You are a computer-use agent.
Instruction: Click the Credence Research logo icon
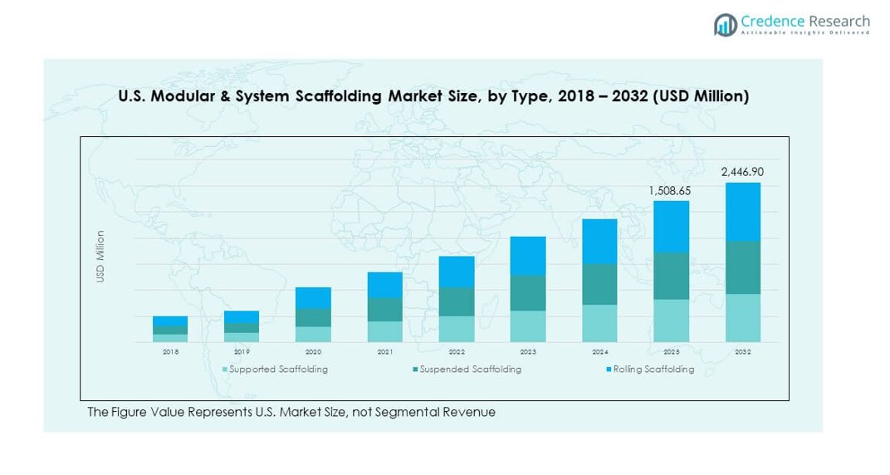pos(726,24)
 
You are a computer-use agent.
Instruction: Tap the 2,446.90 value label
pos(742,171)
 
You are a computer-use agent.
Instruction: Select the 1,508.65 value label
pos(670,191)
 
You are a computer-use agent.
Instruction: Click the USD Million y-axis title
pos(100,257)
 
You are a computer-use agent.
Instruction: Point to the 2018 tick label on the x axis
pos(170,351)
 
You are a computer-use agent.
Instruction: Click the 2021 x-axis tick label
pos(384,351)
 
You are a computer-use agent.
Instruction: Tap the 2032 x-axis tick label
pos(742,351)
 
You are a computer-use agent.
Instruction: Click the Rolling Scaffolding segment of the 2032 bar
pos(742,212)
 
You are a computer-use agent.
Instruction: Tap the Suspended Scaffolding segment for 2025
pos(671,276)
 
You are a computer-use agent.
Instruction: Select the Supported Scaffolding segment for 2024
pos(599,323)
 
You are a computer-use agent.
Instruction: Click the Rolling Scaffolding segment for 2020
pos(313,298)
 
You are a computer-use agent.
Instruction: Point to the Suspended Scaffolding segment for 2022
pos(457,301)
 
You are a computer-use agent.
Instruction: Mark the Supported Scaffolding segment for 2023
pos(528,326)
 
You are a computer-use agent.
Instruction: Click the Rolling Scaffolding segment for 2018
pos(170,321)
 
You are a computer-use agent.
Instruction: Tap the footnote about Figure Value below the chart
pos(291,413)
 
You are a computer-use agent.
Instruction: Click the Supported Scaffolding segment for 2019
pos(242,337)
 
